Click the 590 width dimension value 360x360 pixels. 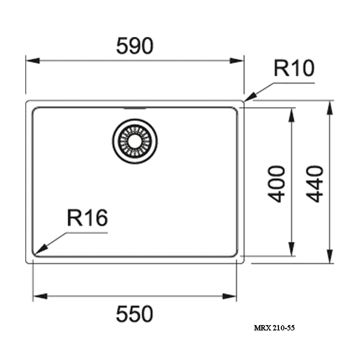(x=135, y=46)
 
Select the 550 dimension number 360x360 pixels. (x=134, y=314)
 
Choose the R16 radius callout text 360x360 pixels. (x=87, y=218)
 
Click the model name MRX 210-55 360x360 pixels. (x=274, y=328)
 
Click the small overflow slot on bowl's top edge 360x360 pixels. (x=134, y=108)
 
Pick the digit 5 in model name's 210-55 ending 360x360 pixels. (x=292, y=328)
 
